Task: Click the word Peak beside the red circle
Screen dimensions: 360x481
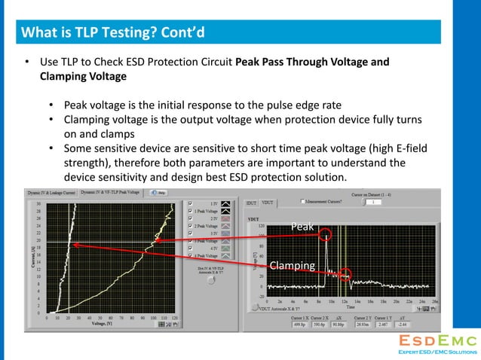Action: pos(302,225)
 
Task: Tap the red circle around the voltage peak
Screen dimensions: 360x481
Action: pos(326,233)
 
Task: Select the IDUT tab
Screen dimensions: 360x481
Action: pos(252,202)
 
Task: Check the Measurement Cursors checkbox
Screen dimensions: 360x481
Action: pos(303,202)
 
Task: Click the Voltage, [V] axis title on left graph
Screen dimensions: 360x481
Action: pos(103,324)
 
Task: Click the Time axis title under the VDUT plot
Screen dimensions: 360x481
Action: pos(351,307)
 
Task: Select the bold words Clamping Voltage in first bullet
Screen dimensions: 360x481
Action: pos(83,76)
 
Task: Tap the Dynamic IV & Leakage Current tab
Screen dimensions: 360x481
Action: pos(51,193)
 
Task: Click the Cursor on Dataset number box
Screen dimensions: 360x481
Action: pos(375,202)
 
